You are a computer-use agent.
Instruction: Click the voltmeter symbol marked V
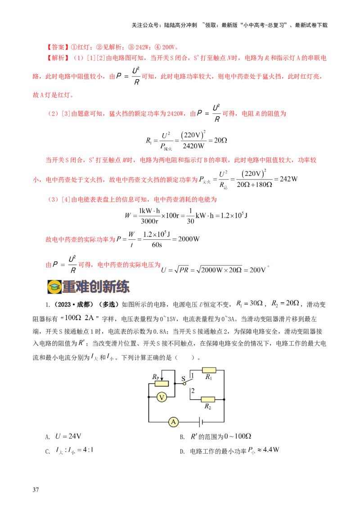[162, 397]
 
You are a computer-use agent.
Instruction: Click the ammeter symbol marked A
[173, 422]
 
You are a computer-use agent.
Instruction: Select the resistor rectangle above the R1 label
[209, 371]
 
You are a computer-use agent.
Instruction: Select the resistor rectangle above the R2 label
[208, 399]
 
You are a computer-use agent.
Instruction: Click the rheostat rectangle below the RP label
[162, 383]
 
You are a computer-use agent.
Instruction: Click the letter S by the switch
[183, 379]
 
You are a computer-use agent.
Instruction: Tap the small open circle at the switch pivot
[184, 384]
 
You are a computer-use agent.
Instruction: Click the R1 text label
[208, 378]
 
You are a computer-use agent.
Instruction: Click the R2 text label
[207, 406]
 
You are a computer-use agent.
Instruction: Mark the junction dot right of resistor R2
[224, 399]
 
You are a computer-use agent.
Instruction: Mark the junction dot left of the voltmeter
[148, 397]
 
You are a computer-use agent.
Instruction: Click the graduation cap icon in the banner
[54, 286]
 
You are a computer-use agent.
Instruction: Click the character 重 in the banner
[71, 286]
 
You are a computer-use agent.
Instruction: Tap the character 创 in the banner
[102, 286]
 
